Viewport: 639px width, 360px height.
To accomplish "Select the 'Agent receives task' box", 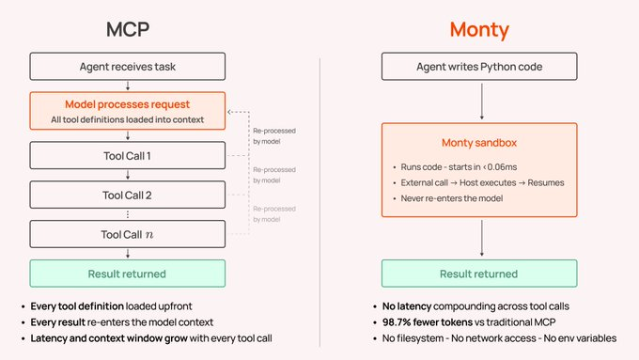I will pos(128,66).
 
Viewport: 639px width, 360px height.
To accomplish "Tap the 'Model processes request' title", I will pos(128,104).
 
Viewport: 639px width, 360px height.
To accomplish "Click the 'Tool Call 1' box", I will pos(128,155).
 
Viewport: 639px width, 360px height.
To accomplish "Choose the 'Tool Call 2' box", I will pos(128,195).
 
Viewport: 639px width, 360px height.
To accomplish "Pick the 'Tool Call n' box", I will pos(128,233).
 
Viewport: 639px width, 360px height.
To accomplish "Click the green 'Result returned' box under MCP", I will pos(128,274).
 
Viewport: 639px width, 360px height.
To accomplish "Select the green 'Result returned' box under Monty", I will pos(479,274).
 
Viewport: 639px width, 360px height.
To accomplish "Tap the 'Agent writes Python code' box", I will pos(479,66).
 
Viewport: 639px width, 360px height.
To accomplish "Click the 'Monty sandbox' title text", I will pos(479,143).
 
